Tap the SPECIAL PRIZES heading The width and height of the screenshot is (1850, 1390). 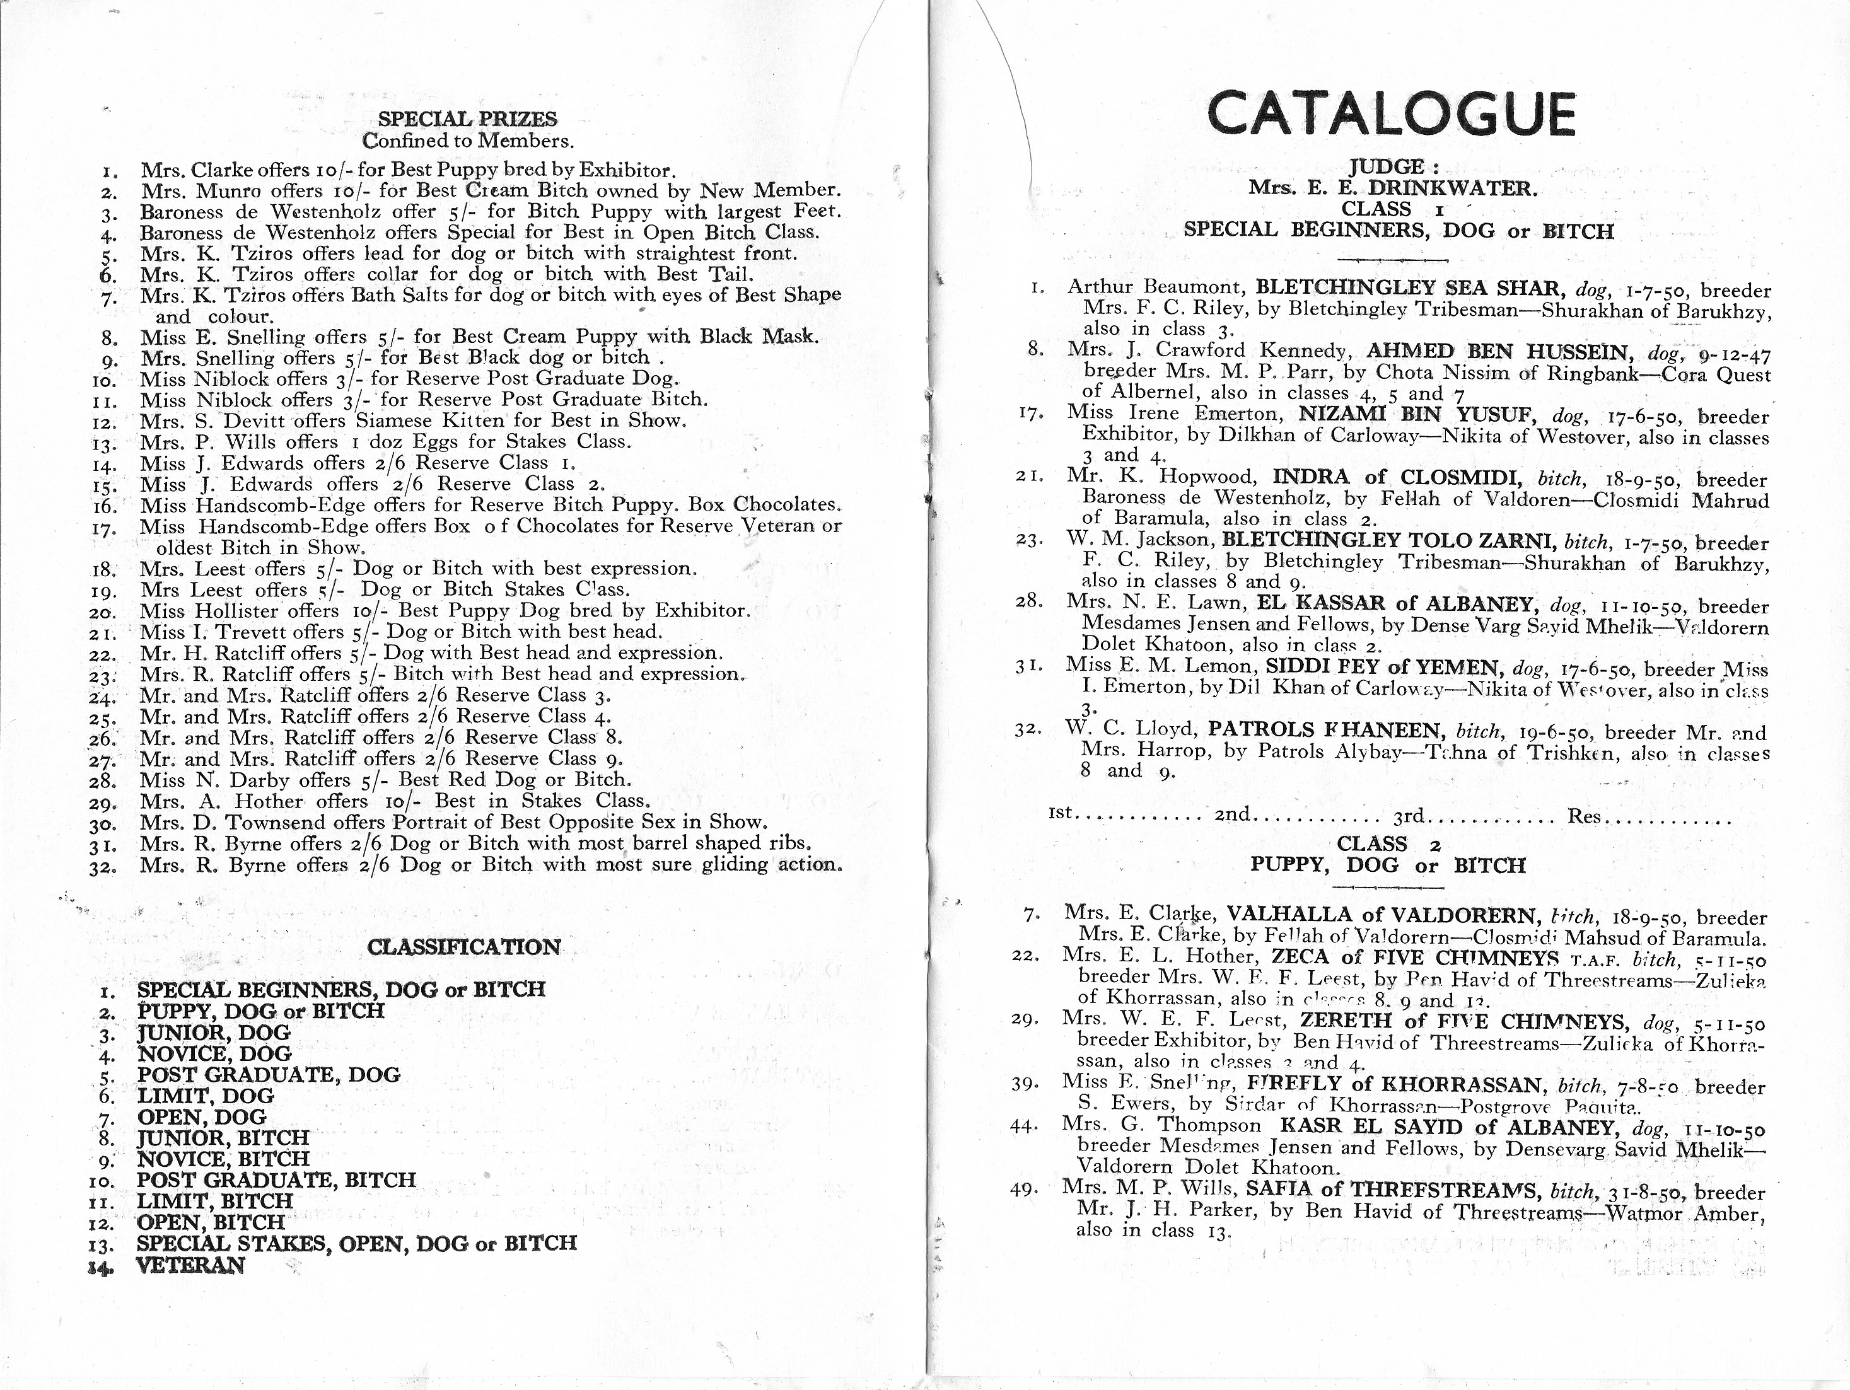pos(467,120)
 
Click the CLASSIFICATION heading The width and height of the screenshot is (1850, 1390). pos(464,947)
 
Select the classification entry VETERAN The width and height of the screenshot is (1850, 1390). pos(190,1265)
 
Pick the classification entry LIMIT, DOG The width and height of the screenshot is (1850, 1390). pos(205,1096)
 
